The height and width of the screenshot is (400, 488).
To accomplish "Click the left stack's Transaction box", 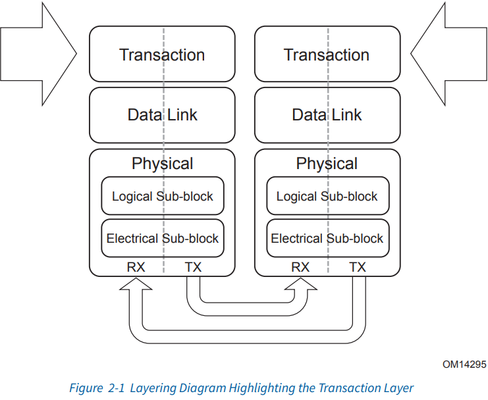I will coord(162,55).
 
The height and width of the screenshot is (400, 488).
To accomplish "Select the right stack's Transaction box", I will coord(327,55).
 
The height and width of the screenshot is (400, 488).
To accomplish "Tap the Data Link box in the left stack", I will coord(162,115).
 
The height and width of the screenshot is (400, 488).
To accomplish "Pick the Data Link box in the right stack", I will coord(327,115).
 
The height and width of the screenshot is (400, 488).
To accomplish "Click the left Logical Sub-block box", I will coord(162,196).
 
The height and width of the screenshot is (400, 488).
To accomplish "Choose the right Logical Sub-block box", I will coord(327,196).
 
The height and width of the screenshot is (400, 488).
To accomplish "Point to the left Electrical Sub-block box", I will coord(162,238).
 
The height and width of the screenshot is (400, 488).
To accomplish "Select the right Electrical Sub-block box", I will coord(327,238).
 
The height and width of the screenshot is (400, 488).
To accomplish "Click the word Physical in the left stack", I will coord(162,164).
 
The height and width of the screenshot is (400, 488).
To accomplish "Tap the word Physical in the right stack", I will coord(327,164).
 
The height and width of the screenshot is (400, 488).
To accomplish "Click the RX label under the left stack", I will coord(136,267).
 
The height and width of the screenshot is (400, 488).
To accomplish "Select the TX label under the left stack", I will coord(193,267).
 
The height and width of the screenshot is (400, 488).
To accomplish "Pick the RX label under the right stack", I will coord(300,267).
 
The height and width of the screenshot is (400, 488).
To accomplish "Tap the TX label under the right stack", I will coord(358,267).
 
